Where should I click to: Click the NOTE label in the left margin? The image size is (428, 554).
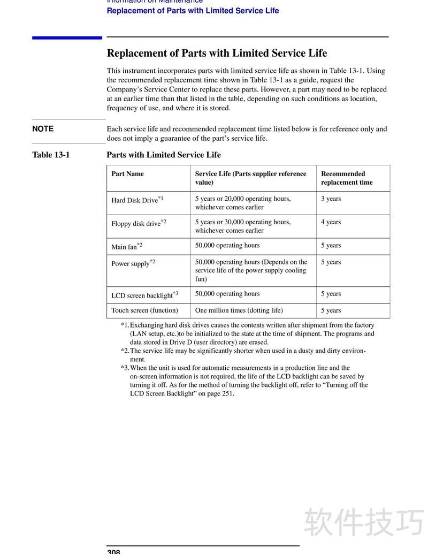(x=43, y=129)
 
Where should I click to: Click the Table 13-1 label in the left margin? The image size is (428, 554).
(x=51, y=155)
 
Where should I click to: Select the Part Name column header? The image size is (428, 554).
(x=127, y=174)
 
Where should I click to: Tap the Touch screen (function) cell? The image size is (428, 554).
(x=144, y=310)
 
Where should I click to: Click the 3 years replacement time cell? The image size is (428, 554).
(x=331, y=199)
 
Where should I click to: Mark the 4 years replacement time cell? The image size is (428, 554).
(x=331, y=222)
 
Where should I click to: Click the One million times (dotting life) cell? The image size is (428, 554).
(x=239, y=310)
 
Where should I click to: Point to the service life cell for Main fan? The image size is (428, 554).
(x=227, y=246)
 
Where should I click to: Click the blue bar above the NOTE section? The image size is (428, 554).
(x=67, y=37)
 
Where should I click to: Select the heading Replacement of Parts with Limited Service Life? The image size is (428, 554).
(x=217, y=53)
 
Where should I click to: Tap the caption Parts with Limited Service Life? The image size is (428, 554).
(x=164, y=155)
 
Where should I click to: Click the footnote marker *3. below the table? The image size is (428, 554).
(x=125, y=368)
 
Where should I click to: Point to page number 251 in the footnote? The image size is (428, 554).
(x=227, y=393)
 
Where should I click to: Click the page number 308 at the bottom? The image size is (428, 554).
(x=113, y=551)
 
